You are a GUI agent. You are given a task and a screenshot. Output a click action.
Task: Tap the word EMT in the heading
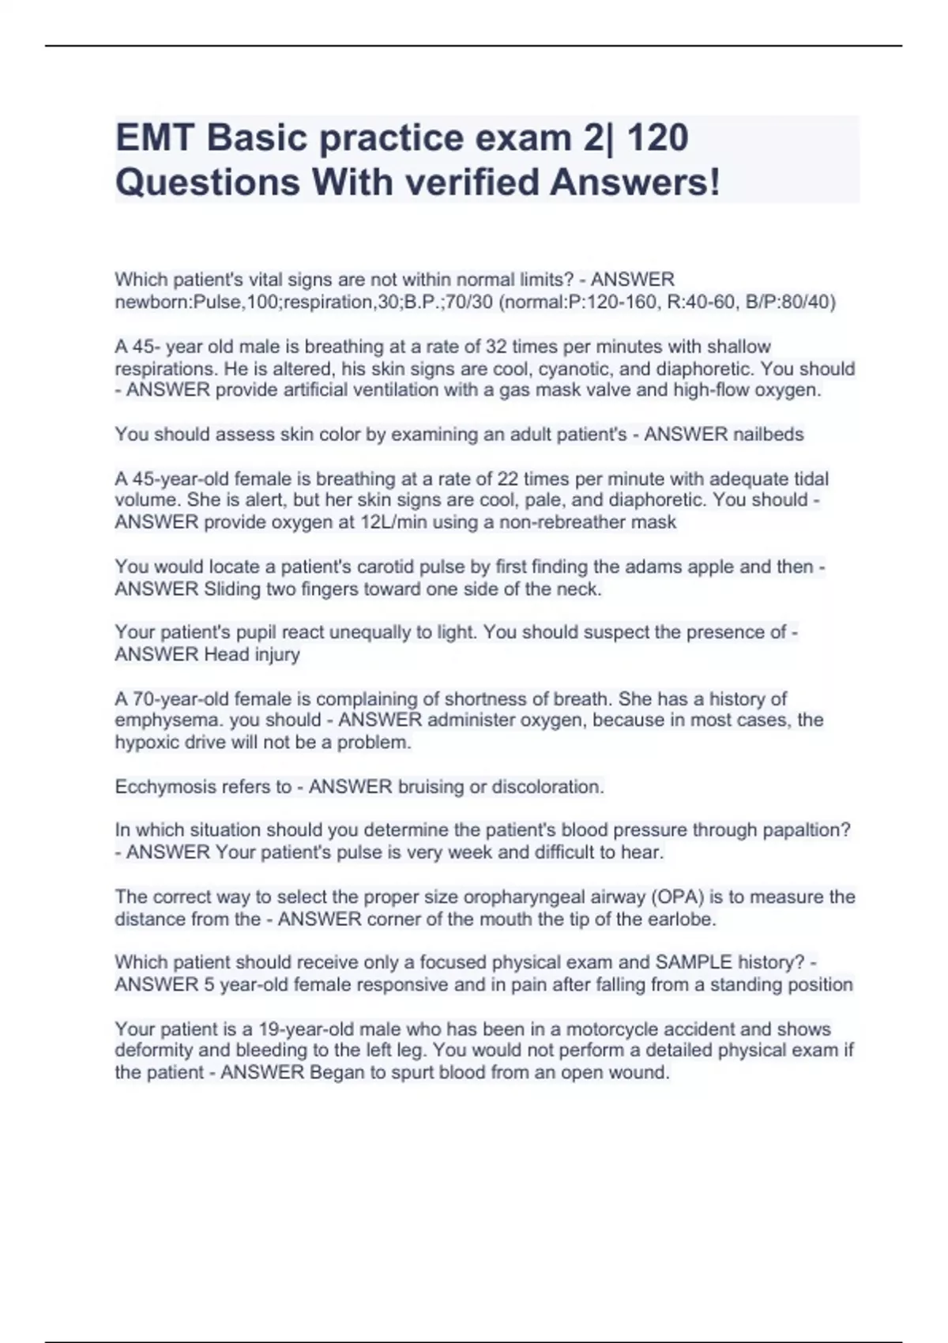click(155, 137)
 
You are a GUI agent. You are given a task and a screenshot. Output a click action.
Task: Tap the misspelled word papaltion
click(806, 830)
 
